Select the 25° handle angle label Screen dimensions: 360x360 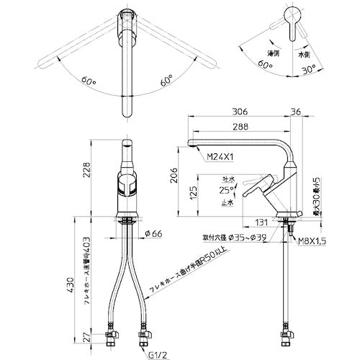(226, 190)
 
